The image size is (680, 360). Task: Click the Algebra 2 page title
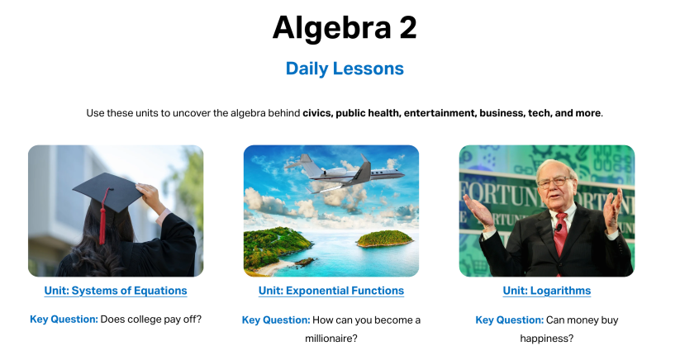coord(345,28)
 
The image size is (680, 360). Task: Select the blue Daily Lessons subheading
coord(345,69)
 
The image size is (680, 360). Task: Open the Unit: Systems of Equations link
coord(116,291)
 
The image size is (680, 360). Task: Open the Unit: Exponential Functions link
coord(331,291)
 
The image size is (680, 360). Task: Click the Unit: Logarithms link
coord(547,291)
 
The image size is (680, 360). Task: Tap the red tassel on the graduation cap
coord(103,216)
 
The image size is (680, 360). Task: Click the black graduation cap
coord(107,192)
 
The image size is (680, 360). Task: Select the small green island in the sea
coord(385,239)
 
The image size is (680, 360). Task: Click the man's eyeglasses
coord(554,182)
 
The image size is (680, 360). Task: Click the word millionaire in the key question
coord(330,339)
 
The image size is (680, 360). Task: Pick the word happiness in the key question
coord(546,339)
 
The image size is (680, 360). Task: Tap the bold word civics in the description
coord(318,113)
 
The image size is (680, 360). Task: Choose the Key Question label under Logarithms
coord(509,320)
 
